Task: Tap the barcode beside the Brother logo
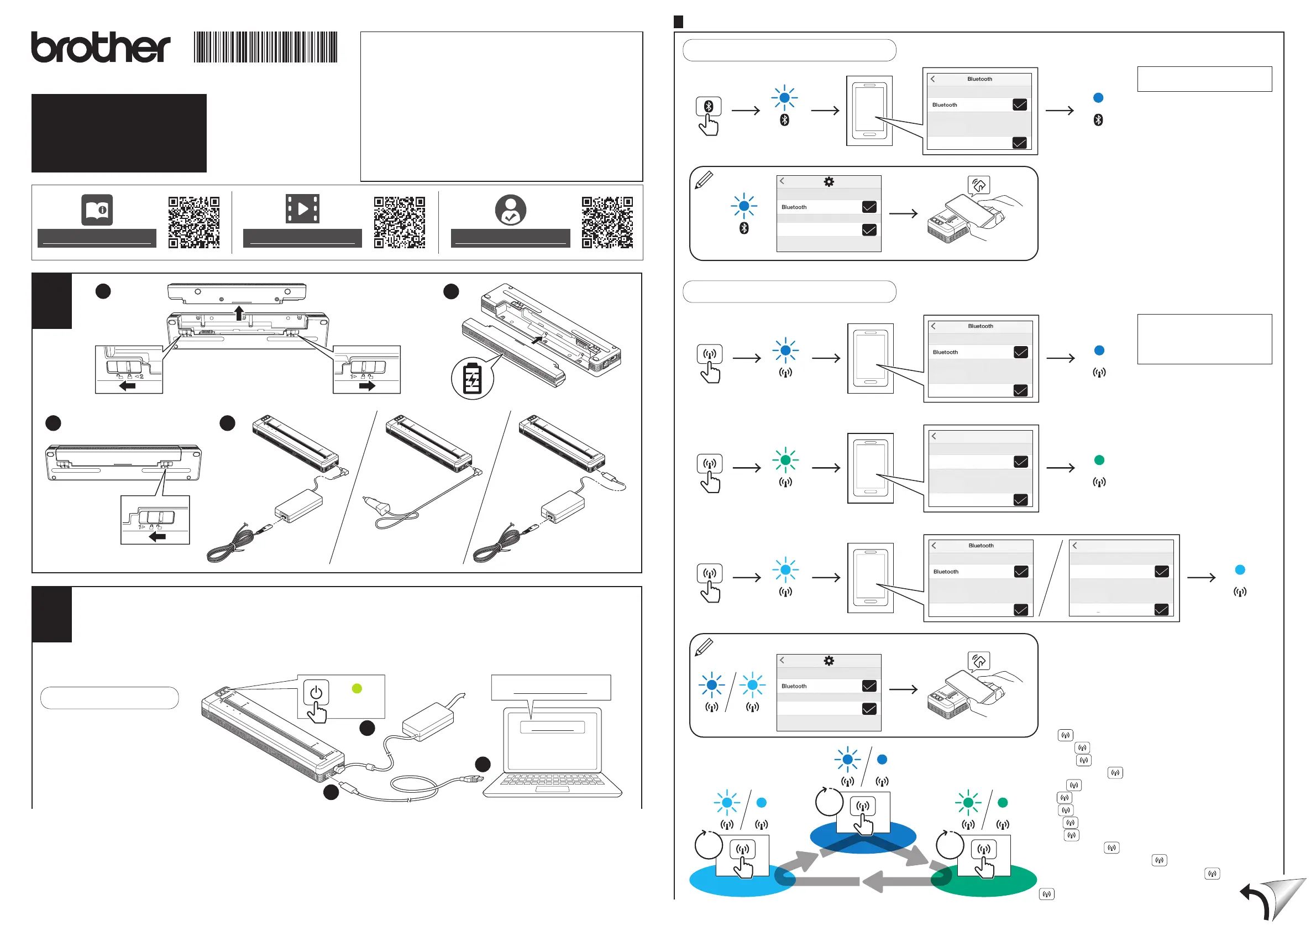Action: point(265,47)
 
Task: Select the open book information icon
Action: point(97,210)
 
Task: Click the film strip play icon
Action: point(302,208)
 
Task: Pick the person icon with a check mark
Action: point(510,210)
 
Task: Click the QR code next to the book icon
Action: point(194,222)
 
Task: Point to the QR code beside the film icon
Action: point(400,222)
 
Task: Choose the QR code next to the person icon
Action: point(607,222)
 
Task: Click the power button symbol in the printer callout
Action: point(315,693)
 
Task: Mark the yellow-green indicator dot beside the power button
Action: point(357,688)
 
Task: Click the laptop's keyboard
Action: point(552,780)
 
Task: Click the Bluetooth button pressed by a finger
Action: point(709,107)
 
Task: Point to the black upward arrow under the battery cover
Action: point(239,313)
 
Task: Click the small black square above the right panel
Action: point(678,22)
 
